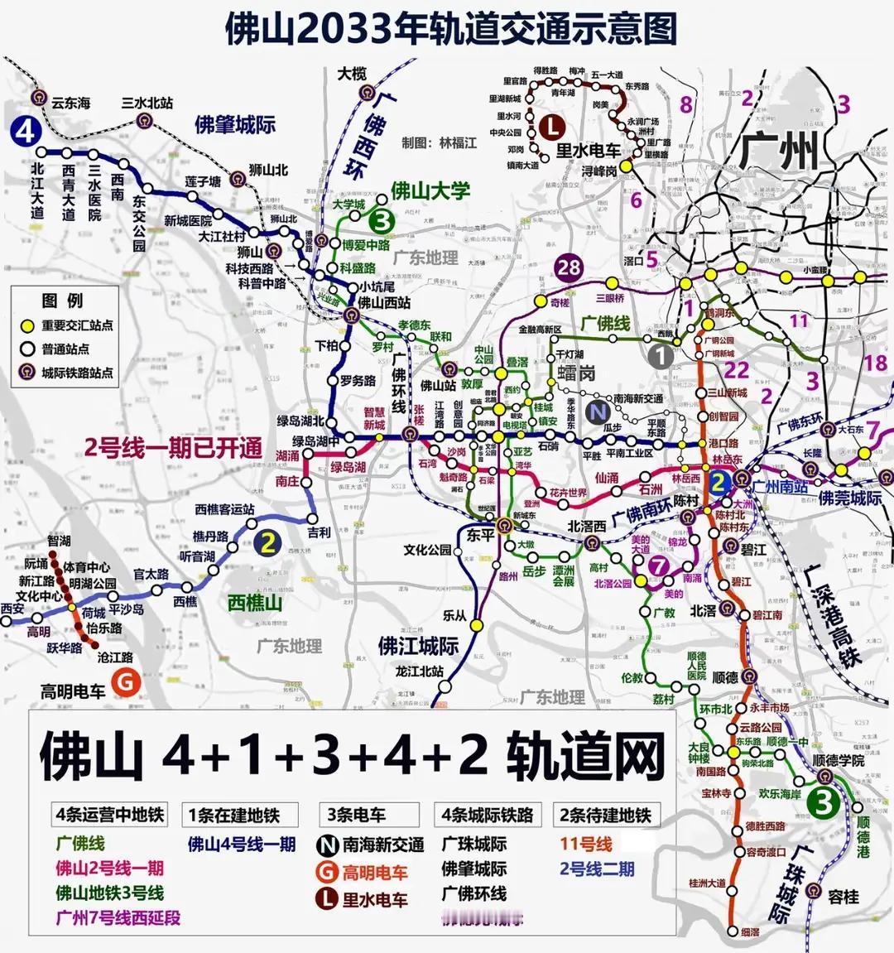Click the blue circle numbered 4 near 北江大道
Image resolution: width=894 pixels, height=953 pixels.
click(26, 131)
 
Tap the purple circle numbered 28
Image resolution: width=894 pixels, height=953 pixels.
click(569, 267)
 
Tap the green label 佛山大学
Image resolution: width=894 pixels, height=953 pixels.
click(430, 191)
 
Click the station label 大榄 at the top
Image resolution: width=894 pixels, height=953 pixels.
click(353, 74)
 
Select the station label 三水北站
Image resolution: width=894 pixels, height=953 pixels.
click(147, 103)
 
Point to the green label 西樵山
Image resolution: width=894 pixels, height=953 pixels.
click(255, 602)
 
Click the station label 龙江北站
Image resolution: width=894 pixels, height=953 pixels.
click(420, 671)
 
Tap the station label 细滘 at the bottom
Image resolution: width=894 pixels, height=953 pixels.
click(749, 932)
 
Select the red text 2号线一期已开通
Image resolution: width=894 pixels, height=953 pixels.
click(173, 448)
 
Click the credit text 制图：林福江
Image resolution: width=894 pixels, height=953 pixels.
click(440, 142)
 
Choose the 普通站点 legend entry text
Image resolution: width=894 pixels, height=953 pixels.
click(65, 349)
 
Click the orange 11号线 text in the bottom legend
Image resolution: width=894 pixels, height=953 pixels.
click(585, 844)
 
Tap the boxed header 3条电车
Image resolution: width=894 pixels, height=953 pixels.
click(356, 815)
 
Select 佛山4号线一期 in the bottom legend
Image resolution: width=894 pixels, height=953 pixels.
click(242, 844)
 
